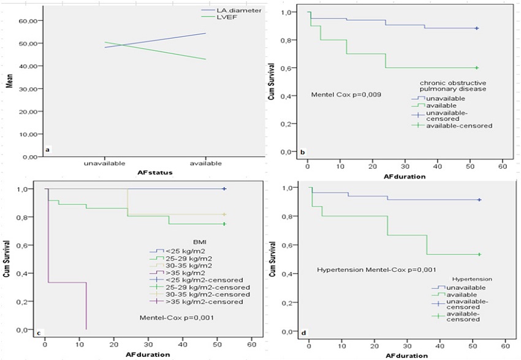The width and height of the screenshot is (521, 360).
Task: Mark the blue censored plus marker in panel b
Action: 477,28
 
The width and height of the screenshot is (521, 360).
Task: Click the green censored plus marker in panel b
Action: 477,67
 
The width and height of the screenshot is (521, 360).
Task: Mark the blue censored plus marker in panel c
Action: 225,189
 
